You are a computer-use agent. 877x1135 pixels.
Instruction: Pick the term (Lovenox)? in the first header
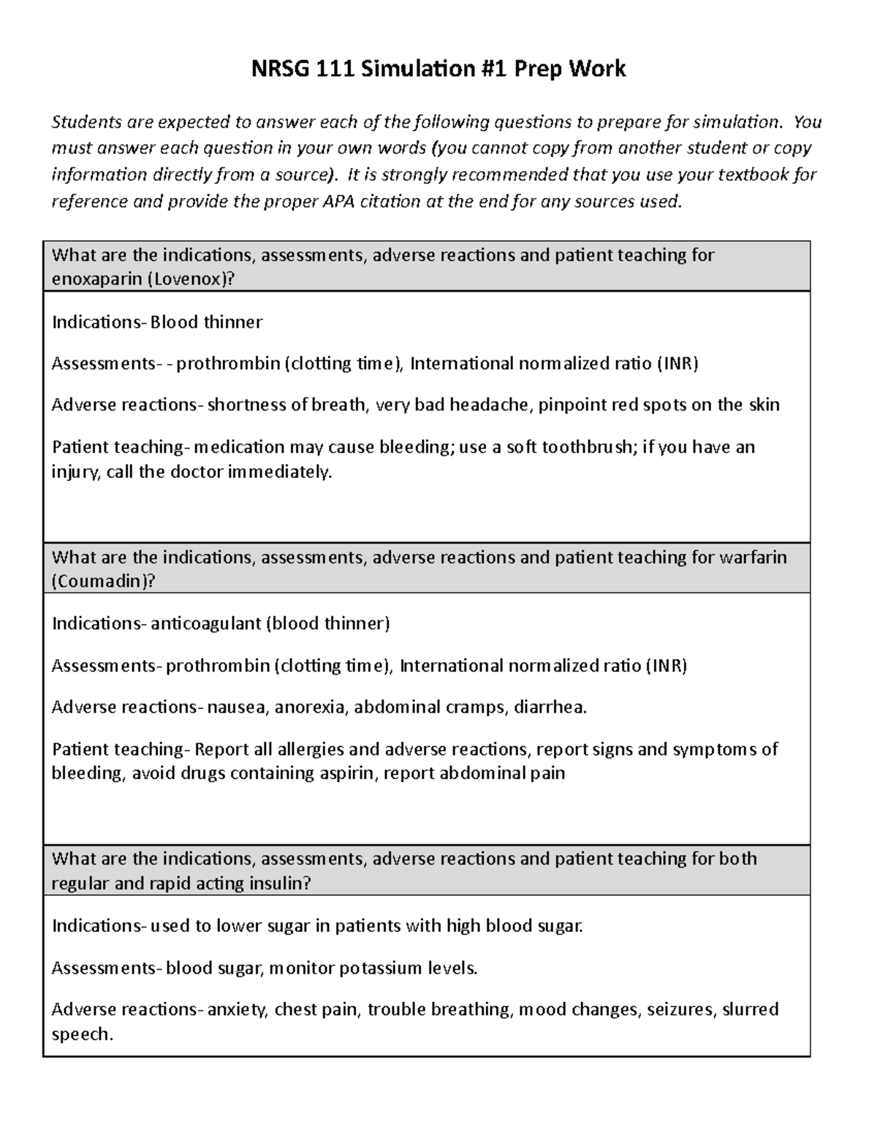(x=192, y=280)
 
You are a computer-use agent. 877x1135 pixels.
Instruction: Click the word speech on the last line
(x=82, y=1034)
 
